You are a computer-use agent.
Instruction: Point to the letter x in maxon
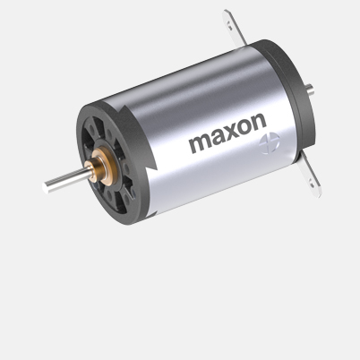[x=229, y=141]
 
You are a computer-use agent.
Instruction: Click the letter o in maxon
[x=243, y=139]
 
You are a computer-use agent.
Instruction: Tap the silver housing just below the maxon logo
[x=224, y=175]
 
